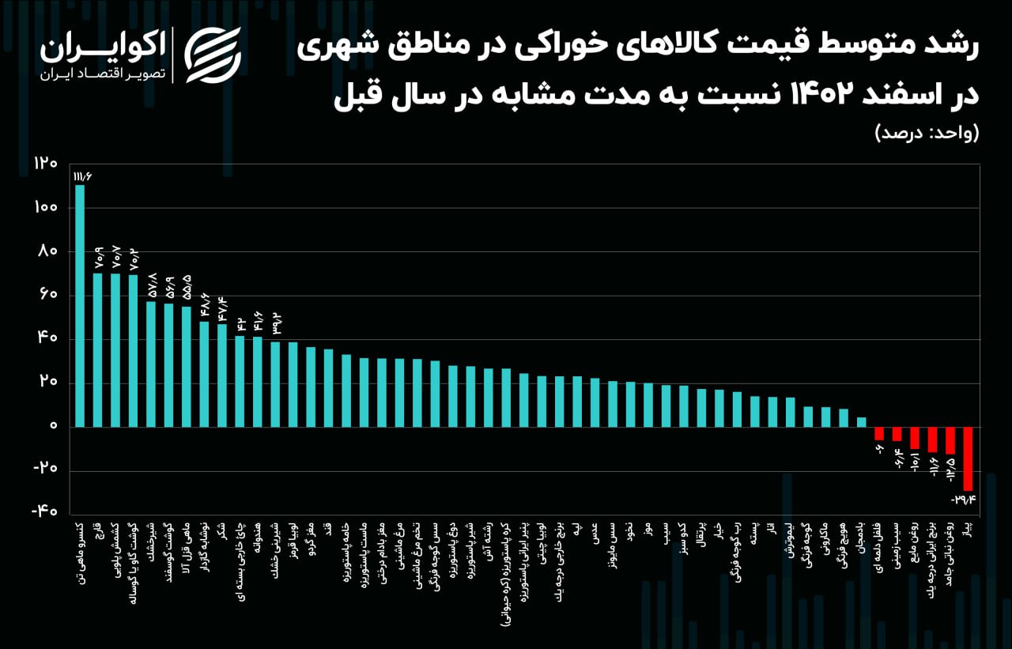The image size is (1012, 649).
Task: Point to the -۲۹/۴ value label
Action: pos(964,500)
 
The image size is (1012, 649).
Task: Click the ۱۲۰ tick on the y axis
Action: pos(46,164)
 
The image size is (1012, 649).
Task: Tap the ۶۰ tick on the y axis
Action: pos(47,296)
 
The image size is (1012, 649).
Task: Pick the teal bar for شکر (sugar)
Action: pos(222,375)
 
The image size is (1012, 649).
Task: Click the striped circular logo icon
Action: pos(213,55)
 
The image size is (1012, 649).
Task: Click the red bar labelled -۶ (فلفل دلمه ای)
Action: pos(879,433)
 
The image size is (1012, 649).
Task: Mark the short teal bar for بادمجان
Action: pos(862,422)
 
